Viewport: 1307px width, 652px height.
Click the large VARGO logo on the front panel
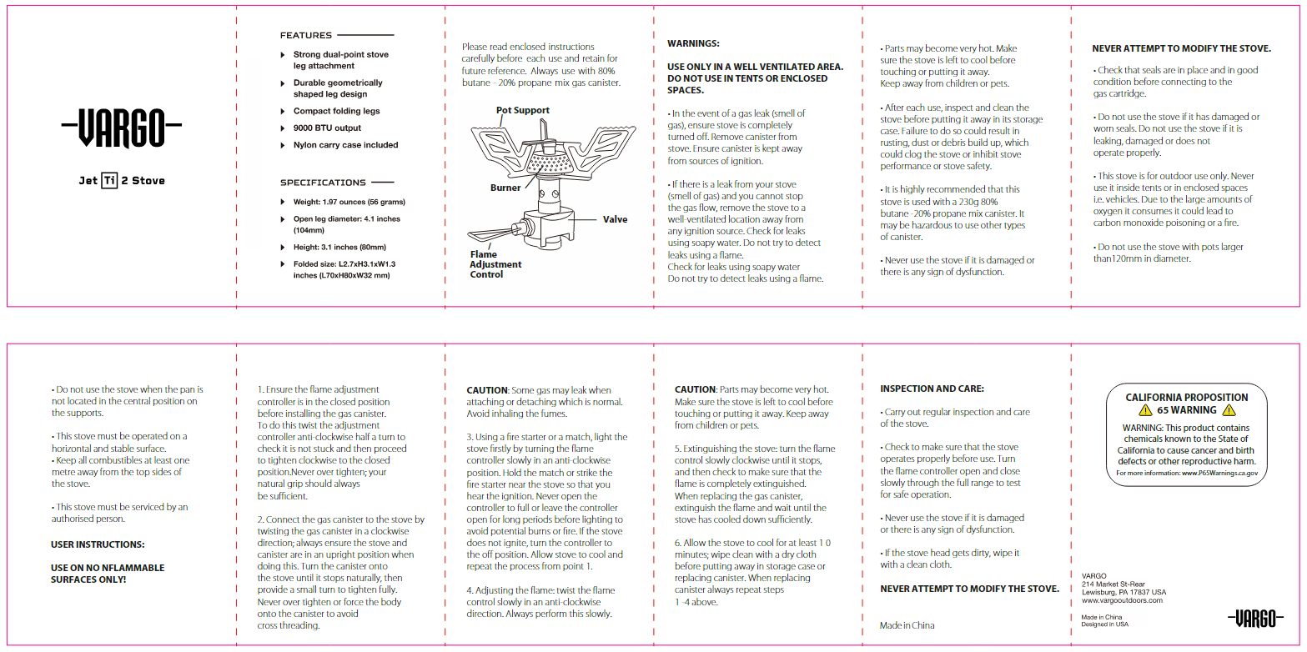click(x=122, y=128)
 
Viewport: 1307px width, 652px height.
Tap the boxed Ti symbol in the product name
click(x=109, y=180)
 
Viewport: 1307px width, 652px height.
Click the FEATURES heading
click(x=306, y=36)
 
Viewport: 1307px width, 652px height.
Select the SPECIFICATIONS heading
click(x=323, y=183)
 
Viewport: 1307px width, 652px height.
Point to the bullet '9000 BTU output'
click(x=327, y=128)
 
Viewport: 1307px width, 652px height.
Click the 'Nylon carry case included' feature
click(x=345, y=145)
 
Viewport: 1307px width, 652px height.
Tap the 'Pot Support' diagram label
click(x=523, y=110)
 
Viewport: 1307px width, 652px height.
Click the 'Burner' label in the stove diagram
click(x=505, y=188)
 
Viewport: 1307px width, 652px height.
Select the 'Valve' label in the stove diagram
click(x=616, y=219)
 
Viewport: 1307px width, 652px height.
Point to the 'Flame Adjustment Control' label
click(x=495, y=264)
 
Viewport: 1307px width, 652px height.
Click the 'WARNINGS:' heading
click(x=693, y=43)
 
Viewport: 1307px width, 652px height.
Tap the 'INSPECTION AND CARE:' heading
click(x=932, y=389)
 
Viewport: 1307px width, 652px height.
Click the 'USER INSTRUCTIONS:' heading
click(x=98, y=544)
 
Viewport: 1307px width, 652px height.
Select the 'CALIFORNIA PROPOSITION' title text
click(x=1187, y=398)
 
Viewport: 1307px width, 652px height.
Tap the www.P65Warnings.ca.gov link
click(x=1219, y=474)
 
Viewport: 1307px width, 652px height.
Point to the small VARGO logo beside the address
click(x=1255, y=619)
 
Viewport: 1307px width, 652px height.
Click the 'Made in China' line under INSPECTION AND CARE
click(x=907, y=625)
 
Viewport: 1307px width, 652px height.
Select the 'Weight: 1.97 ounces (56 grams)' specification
click(x=349, y=202)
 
